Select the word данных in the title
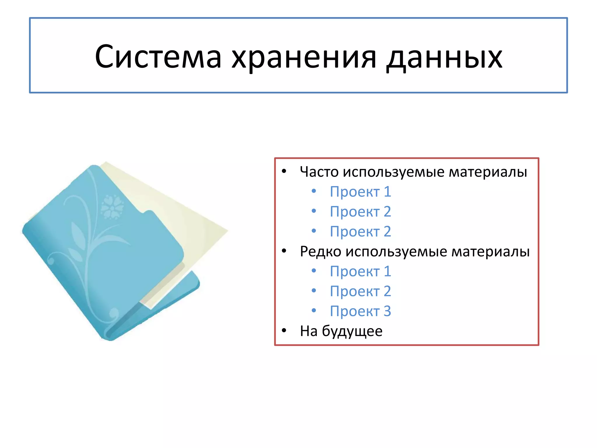[x=445, y=57]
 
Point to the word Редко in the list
[x=320, y=251]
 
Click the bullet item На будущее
[x=341, y=331]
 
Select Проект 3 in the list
[x=360, y=311]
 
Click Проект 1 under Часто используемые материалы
[x=360, y=192]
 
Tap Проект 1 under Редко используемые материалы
[x=360, y=272]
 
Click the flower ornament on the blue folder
[x=112, y=207]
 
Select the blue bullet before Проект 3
[x=314, y=311]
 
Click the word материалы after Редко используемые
[x=490, y=251]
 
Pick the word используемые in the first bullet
[x=395, y=172]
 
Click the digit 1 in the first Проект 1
[x=387, y=192]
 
